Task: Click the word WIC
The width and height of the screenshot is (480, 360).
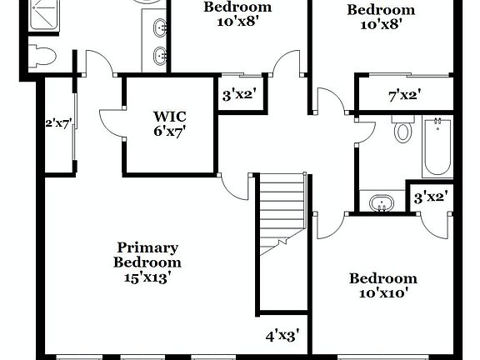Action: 169,117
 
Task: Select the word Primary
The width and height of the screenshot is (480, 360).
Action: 147,247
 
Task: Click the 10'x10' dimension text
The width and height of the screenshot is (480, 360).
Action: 382,293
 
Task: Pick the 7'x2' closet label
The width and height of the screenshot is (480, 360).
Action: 404,96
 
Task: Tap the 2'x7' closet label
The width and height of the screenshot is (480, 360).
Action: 58,125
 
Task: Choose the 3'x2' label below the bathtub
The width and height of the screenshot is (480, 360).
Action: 432,197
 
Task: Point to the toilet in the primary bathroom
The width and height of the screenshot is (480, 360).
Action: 41,57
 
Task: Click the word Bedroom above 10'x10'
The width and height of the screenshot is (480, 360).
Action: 382,278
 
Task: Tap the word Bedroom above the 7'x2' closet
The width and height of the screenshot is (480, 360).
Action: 381,10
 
